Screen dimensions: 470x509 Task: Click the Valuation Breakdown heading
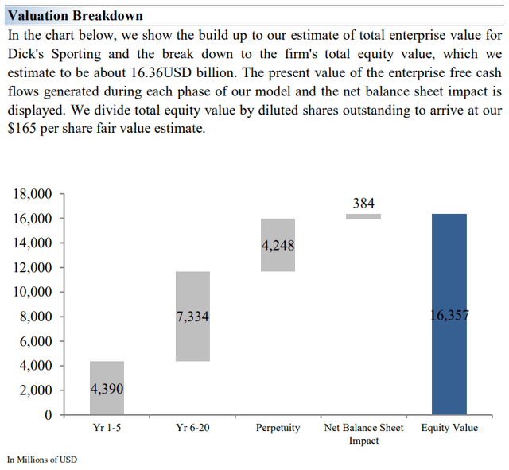tap(75, 15)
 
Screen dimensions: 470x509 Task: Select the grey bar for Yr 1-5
tap(107, 374)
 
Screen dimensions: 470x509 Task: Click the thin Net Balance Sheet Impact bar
tap(363, 216)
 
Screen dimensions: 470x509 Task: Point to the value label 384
tap(363, 204)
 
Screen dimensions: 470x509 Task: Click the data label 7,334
tap(192, 317)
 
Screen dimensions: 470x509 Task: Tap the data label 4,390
tap(107, 389)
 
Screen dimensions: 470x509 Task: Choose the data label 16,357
tap(449, 315)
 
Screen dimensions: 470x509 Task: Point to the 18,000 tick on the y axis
tap(34, 193)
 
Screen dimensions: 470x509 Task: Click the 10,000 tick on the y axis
tap(34, 292)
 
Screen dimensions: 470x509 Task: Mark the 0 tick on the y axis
tap(48, 415)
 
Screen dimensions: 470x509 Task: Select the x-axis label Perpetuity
tap(278, 428)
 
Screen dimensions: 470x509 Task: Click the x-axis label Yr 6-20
tap(192, 428)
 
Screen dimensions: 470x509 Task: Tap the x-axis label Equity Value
tap(449, 428)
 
